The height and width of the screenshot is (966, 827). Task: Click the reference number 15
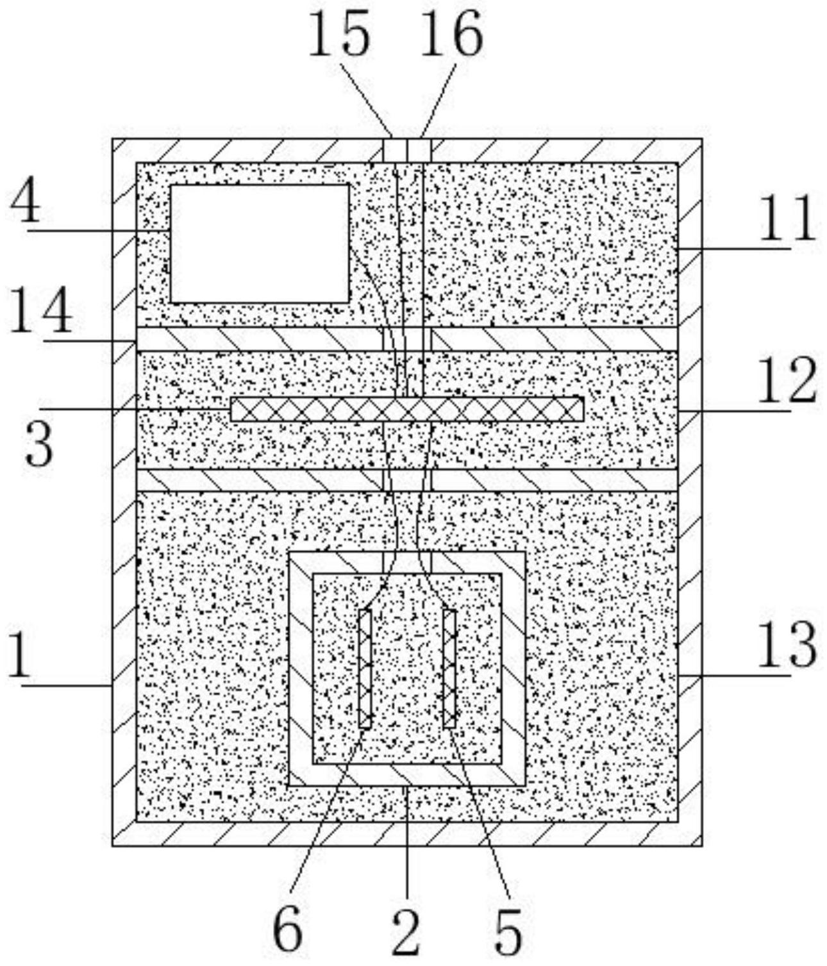[x=339, y=35]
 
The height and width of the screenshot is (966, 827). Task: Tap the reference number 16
[x=452, y=35]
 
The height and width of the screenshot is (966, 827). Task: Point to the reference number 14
[x=40, y=310]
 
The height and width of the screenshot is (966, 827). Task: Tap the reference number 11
[x=787, y=218]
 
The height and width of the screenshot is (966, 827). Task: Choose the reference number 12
[x=787, y=380]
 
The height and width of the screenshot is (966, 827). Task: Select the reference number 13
[x=787, y=645]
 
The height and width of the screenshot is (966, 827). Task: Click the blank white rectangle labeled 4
[x=260, y=243]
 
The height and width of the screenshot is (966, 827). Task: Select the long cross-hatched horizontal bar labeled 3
[x=407, y=409]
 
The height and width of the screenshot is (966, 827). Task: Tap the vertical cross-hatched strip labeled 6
[x=365, y=669]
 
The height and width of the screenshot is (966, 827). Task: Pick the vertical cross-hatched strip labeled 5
[x=450, y=669]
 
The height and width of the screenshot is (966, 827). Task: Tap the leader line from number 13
[x=734, y=676]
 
